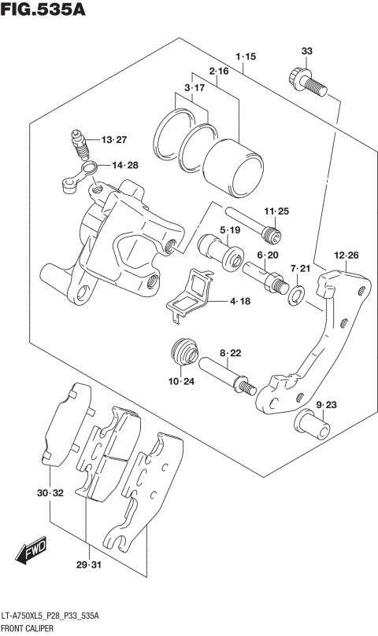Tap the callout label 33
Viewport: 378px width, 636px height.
click(x=307, y=52)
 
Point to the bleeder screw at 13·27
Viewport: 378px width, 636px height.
click(x=79, y=143)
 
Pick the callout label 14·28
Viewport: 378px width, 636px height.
click(x=124, y=165)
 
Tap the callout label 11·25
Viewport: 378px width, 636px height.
click(x=277, y=210)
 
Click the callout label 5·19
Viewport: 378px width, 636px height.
click(x=230, y=230)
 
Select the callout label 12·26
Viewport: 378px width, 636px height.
click(x=346, y=255)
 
